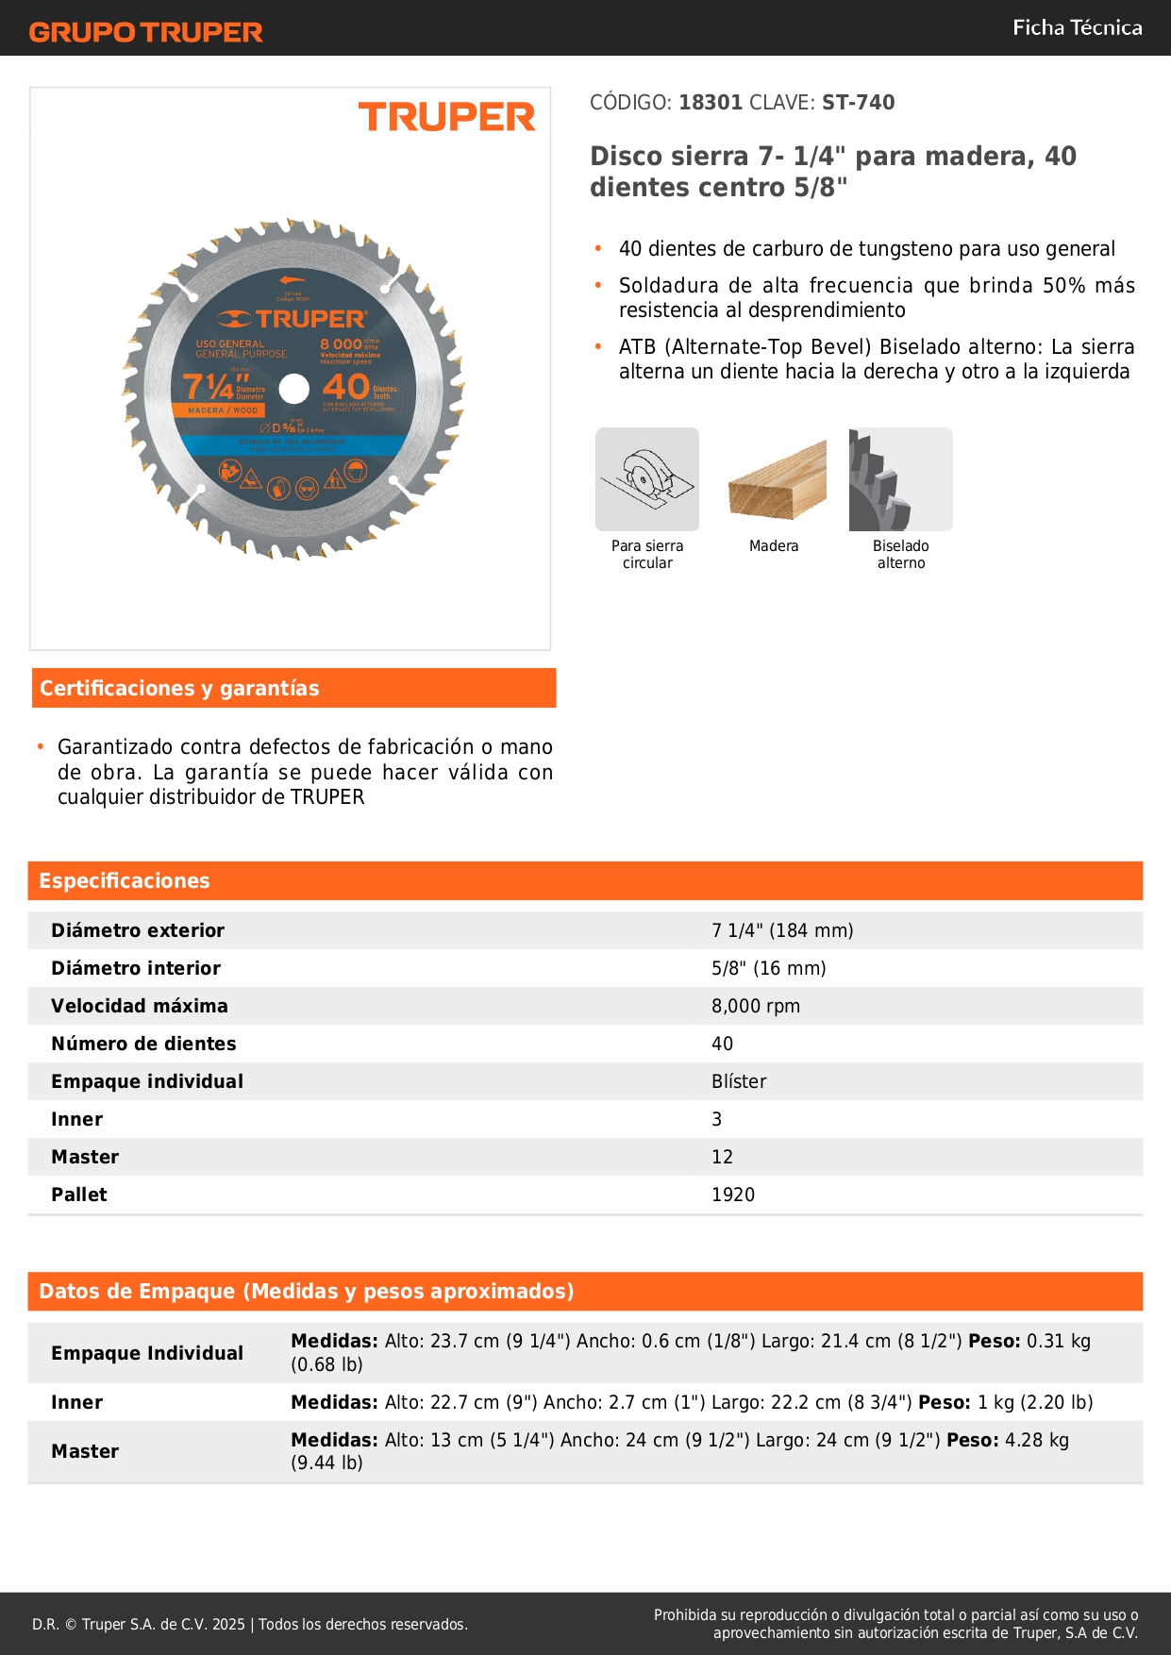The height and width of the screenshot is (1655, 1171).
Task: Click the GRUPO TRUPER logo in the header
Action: click(x=145, y=32)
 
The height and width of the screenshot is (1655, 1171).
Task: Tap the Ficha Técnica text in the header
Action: click(x=1077, y=27)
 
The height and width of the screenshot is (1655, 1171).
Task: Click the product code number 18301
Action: click(x=711, y=102)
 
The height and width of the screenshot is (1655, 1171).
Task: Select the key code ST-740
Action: click(x=858, y=102)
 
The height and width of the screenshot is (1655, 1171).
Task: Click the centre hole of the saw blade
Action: click(x=294, y=388)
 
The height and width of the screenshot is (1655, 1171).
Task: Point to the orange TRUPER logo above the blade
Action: click(x=446, y=117)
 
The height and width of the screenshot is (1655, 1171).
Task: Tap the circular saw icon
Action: click(x=647, y=479)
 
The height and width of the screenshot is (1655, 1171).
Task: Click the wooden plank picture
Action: click(x=776, y=479)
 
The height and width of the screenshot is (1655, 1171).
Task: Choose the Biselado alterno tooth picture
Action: click(x=900, y=479)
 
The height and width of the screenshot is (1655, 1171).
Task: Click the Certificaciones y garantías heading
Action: click(x=179, y=688)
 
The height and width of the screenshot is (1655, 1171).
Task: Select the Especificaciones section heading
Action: click(x=125, y=880)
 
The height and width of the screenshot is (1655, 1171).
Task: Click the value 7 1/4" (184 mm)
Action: click(x=782, y=930)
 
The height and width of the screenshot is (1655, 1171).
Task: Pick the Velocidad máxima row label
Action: click(x=140, y=1006)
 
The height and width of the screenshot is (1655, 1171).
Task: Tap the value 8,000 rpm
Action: click(x=756, y=1006)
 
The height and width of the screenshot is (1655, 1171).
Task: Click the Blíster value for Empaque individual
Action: click(x=739, y=1081)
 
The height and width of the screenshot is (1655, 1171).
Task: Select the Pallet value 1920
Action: click(x=733, y=1195)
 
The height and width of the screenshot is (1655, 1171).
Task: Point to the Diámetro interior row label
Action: click(x=136, y=968)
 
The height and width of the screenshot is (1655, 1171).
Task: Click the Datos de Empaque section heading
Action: click(x=307, y=1291)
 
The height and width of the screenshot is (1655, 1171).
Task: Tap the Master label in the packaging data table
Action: click(x=85, y=1451)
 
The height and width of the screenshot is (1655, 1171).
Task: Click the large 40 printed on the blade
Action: click(x=345, y=387)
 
